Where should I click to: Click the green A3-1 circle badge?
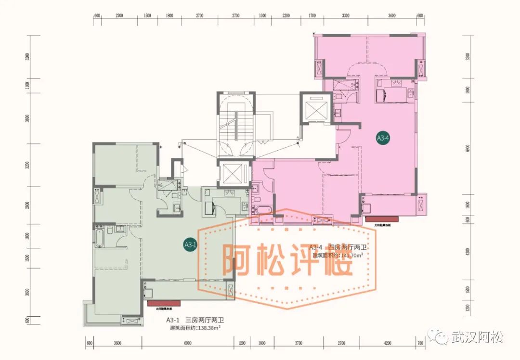tap(191, 245)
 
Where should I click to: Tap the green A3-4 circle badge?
tap(383, 138)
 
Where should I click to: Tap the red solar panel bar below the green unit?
tap(162, 303)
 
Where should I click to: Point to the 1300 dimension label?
tap(262, 16)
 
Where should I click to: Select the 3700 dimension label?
tap(299, 343)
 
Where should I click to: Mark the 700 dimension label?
tap(420, 343)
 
